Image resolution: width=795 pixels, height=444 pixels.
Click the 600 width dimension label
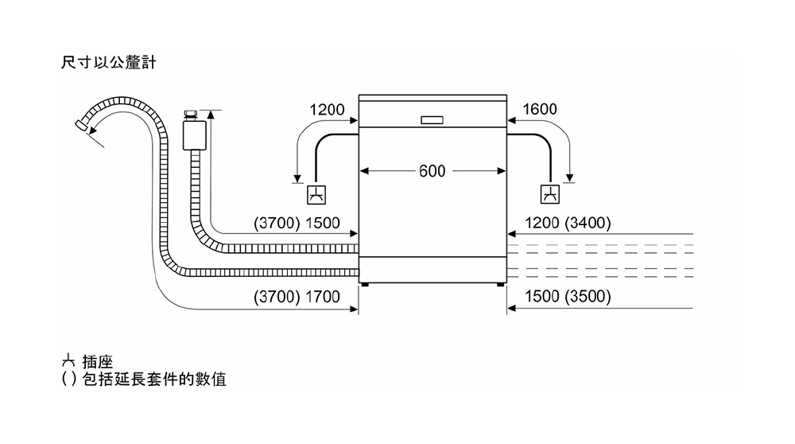click(432, 171)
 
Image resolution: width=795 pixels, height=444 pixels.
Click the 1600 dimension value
click(540, 109)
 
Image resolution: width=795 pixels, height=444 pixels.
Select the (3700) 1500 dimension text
click(297, 223)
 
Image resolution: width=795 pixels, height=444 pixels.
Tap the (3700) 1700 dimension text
click(297, 296)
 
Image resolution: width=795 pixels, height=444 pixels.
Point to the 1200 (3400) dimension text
click(568, 223)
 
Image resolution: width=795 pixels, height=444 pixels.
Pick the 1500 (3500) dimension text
click(568, 296)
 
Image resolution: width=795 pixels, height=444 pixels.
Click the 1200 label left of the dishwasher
click(327, 110)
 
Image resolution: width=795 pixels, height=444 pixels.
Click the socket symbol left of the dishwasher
click(316, 195)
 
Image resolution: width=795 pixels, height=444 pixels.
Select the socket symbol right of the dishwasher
click(550, 194)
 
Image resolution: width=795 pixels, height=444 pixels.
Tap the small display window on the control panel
click(432, 120)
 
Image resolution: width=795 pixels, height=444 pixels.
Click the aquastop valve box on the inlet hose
click(194, 135)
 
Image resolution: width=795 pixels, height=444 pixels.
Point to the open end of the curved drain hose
click(81, 125)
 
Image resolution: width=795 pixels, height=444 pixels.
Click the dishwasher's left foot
click(365, 285)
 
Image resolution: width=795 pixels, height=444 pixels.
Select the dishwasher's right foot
click(500, 285)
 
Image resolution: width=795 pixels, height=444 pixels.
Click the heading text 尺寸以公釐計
click(108, 62)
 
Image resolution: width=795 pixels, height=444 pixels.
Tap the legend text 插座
click(97, 362)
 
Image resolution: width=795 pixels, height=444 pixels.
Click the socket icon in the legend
click(68, 361)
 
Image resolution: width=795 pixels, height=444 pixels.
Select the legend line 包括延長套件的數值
click(154, 379)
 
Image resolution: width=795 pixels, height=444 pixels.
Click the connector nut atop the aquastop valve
click(191, 115)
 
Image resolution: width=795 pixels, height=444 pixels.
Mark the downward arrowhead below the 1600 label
click(569, 178)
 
